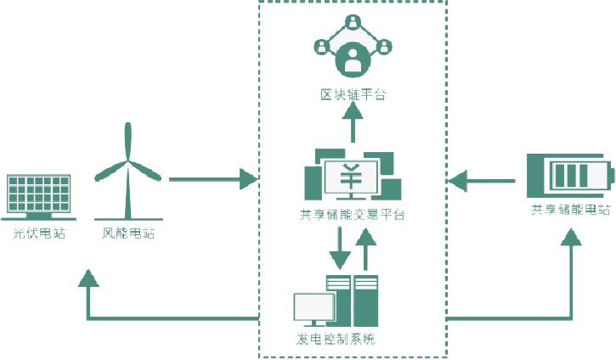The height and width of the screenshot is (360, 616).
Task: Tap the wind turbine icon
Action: pyautogui.click(x=128, y=170)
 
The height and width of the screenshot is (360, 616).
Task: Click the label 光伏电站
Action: pyautogui.click(x=40, y=232)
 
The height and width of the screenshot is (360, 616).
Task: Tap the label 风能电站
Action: pyautogui.click(x=128, y=232)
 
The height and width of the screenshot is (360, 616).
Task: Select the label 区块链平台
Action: pyautogui.click(x=352, y=94)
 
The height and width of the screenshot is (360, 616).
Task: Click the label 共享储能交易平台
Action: pyautogui.click(x=352, y=215)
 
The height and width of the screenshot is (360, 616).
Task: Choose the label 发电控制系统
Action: pyautogui.click(x=342, y=341)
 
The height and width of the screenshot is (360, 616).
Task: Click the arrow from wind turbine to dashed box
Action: pyautogui.click(x=212, y=179)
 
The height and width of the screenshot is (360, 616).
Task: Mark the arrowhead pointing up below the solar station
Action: pyautogui.click(x=88, y=276)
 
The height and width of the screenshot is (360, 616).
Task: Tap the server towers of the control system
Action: pyautogui.click(x=353, y=302)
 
